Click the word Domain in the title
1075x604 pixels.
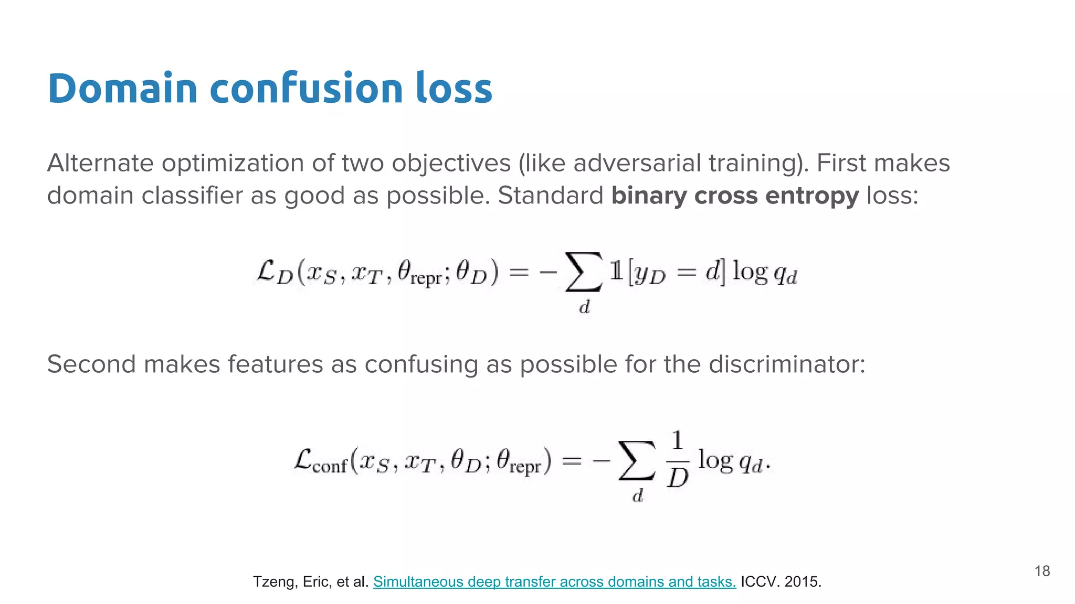122,88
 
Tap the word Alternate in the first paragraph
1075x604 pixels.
100,163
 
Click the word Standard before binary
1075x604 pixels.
550,196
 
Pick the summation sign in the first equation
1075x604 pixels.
583,272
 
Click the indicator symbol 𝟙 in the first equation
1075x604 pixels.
616,271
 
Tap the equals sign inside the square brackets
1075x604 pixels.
686,272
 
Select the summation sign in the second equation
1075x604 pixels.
637,460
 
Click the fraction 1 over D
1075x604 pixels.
677,459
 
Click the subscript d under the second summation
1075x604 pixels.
637,495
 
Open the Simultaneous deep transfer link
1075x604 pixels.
554,581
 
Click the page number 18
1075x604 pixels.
1042,571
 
